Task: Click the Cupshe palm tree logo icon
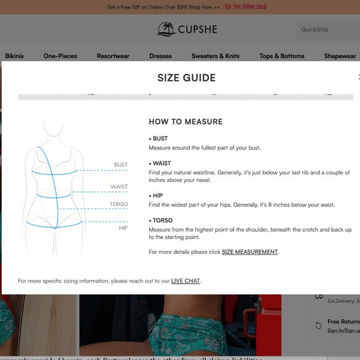tap(166, 29)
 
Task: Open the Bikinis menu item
tap(14, 56)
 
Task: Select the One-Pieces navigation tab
tap(60, 56)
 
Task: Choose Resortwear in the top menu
tap(113, 56)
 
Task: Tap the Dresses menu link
tap(160, 56)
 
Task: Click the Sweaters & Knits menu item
tap(215, 56)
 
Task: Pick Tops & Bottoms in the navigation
tap(282, 56)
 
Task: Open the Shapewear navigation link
tap(340, 56)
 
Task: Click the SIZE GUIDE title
tap(186, 78)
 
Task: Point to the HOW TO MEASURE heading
tap(186, 122)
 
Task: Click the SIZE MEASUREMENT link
tap(250, 252)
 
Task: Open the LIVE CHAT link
tap(186, 281)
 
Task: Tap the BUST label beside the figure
tap(120, 165)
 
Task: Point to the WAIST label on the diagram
tap(119, 187)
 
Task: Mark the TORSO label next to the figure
tap(119, 204)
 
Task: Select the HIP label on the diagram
tap(123, 228)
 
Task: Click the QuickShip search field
tap(326, 29)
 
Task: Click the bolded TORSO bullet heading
tap(162, 220)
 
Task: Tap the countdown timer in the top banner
tap(245, 7)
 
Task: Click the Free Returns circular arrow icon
tap(318, 325)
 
